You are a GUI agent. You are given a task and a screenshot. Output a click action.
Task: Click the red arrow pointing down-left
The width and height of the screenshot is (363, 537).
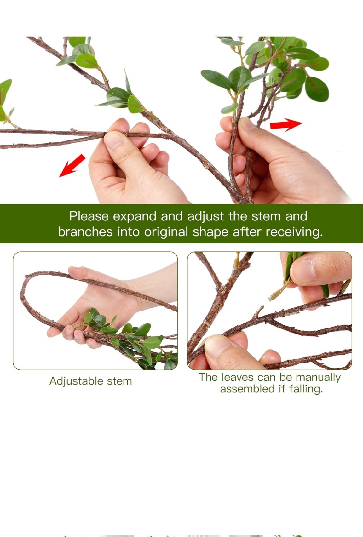click(x=72, y=166)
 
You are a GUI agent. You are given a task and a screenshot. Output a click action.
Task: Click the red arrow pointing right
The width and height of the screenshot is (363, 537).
click(x=286, y=124)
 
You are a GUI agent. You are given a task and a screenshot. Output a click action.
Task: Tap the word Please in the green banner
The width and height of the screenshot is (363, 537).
click(x=89, y=216)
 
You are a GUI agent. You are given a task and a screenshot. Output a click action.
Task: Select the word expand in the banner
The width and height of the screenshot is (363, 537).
click(x=134, y=217)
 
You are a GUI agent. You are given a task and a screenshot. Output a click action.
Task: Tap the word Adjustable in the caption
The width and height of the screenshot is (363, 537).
click(x=76, y=381)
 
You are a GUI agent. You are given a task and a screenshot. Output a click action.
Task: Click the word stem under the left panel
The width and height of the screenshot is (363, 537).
click(x=119, y=381)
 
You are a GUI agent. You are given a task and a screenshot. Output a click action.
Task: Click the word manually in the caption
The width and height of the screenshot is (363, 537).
click(x=318, y=378)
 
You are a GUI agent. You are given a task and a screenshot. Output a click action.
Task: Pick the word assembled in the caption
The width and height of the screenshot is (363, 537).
click(x=247, y=389)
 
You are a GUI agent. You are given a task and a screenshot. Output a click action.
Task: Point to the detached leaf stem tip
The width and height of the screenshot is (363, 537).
click(x=271, y=299)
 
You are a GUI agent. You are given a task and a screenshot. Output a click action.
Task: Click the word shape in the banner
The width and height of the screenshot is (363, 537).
click(x=211, y=232)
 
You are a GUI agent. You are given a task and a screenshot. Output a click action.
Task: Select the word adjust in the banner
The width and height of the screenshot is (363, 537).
click(x=205, y=217)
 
